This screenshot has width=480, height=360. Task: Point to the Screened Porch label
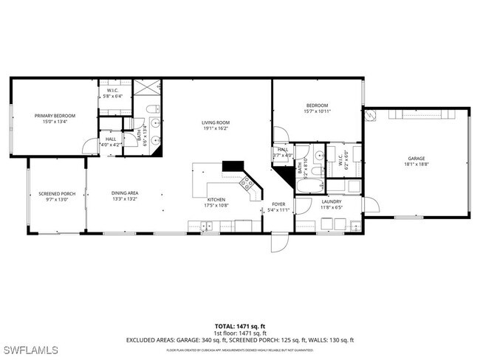[54, 197]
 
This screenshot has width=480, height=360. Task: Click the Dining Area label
[125, 196]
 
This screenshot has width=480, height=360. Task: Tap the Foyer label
[278, 207]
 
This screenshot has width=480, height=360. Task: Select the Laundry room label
[332, 204]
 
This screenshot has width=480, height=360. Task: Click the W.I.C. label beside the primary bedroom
[114, 92]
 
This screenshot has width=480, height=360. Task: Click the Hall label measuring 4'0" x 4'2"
[110, 141]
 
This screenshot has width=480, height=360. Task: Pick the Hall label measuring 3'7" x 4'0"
[283, 151]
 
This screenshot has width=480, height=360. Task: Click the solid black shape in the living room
[233, 167]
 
